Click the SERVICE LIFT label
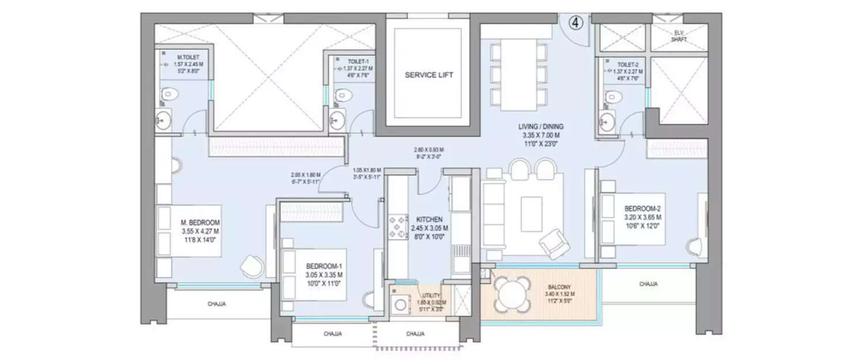click(429, 75)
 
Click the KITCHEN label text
click(429, 219)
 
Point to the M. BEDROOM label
click(199, 222)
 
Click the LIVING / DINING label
click(540, 127)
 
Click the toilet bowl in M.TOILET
click(168, 94)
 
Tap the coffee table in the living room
click(531, 214)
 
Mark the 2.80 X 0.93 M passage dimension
click(429, 149)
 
